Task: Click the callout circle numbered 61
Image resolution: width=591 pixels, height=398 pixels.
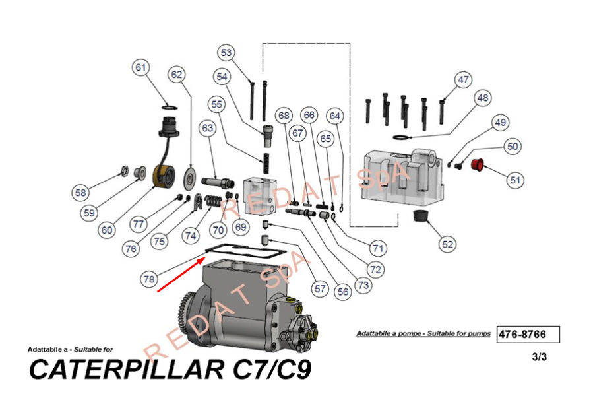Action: [x=140, y=68]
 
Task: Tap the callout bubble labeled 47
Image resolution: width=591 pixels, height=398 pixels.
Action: [x=464, y=80]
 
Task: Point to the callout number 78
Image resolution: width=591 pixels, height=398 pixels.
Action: [x=149, y=279]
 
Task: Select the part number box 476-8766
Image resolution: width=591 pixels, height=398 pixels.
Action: [x=528, y=334]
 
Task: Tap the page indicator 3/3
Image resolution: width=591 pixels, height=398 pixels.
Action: [x=539, y=357]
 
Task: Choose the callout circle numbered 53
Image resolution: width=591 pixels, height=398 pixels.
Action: [x=227, y=53]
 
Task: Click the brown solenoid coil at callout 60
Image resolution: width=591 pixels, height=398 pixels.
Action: [x=163, y=176]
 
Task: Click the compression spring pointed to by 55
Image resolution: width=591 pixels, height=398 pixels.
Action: [x=268, y=163]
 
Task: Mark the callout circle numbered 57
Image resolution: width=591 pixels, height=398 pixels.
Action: [x=321, y=288]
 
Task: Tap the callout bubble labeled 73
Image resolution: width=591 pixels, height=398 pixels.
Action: [x=363, y=286]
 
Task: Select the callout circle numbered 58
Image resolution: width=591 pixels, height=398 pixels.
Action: [x=80, y=193]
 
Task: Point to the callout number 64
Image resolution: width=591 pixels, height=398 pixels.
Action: [x=336, y=116]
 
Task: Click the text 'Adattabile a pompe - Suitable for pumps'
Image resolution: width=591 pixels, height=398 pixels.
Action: [x=423, y=334]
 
